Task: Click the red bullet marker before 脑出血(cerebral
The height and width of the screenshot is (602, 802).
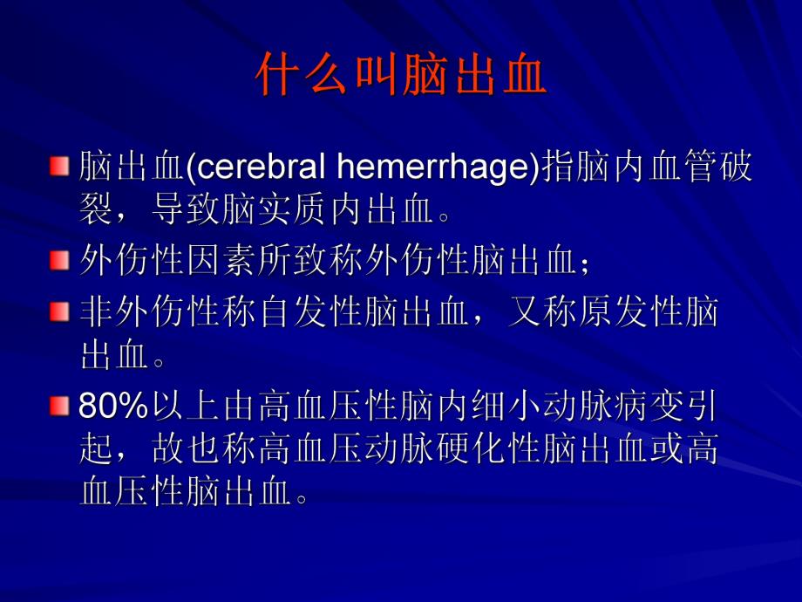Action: pos(58,166)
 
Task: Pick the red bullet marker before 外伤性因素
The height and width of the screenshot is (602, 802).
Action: pos(58,260)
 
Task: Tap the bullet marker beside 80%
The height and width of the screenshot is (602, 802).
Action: pos(58,405)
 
